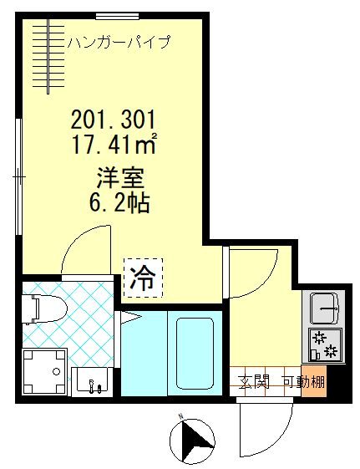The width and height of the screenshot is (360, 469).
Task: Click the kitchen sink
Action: pyautogui.click(x=323, y=308)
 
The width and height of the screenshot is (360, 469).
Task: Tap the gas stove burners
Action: pyautogui.click(x=323, y=344)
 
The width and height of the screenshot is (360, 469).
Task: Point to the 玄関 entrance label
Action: pyautogui.click(x=254, y=383)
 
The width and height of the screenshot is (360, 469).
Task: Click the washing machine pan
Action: pyautogui.click(x=46, y=370)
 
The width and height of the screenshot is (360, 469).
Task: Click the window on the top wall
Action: pyautogui.click(x=116, y=15)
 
